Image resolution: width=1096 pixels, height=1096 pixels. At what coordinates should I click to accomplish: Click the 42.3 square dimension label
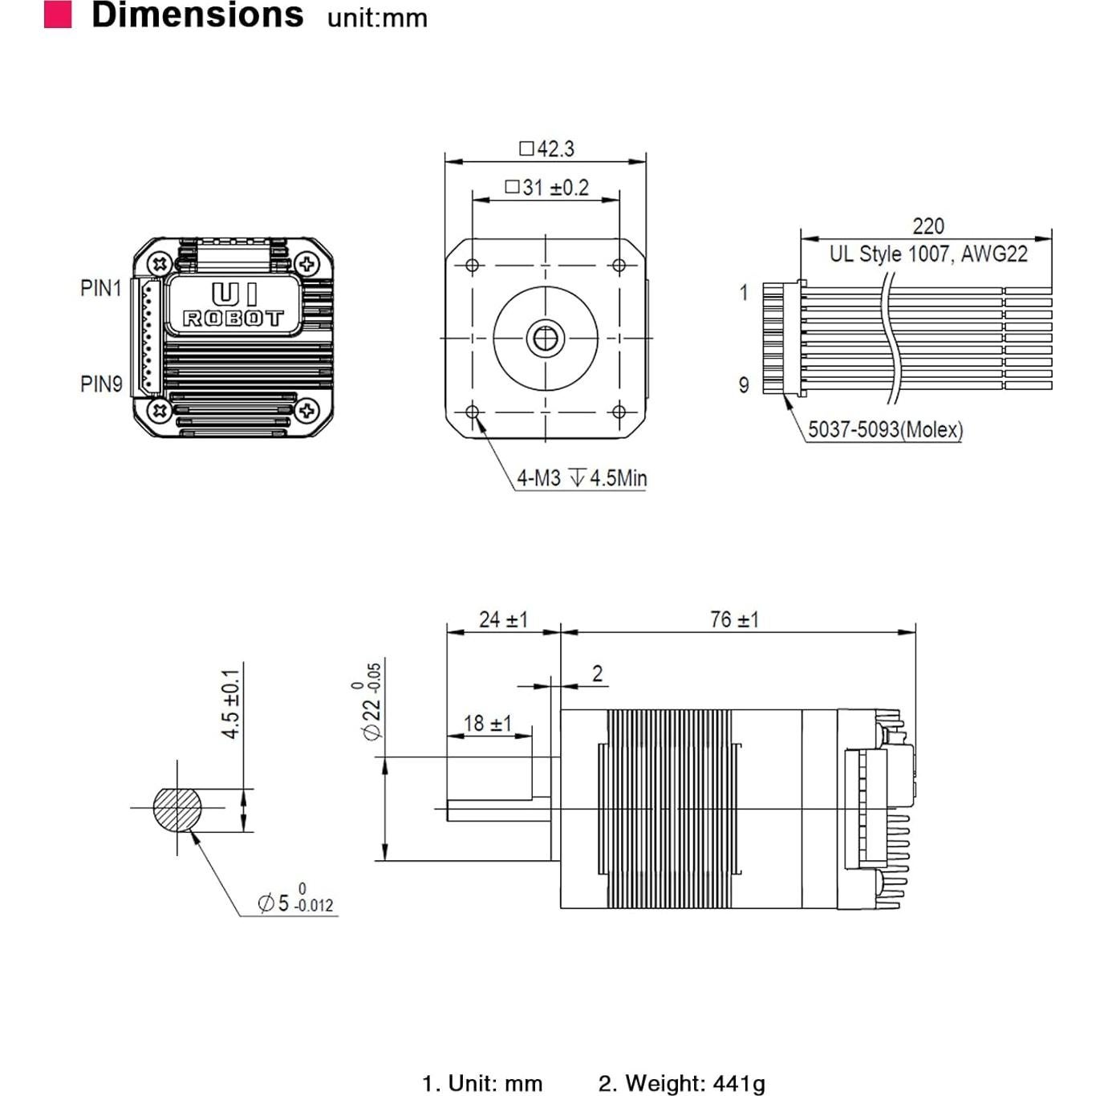coord(547,148)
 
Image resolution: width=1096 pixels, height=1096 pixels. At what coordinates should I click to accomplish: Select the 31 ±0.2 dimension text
coord(547,188)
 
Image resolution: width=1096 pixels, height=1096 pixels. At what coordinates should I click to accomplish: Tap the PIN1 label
coord(100,288)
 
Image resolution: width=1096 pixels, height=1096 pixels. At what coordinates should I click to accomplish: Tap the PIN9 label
coord(101,384)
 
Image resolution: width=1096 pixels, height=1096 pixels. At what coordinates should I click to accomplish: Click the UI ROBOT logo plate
coord(233,306)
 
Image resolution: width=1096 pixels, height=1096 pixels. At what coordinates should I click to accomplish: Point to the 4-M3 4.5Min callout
coord(581,478)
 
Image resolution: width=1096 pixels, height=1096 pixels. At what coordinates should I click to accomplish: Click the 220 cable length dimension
coord(928,226)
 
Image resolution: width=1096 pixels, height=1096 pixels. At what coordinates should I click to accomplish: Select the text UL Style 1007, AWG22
coord(928,254)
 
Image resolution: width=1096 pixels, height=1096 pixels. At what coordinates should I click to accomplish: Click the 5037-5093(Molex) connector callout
coord(885,429)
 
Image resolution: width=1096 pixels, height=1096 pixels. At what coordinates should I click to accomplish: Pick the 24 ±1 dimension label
coord(503,619)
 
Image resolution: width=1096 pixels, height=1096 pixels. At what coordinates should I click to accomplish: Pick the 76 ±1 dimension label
coord(734,619)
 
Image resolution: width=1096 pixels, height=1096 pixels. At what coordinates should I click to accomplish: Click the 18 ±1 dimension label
coord(487,723)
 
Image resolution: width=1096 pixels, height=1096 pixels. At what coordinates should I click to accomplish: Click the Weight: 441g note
coord(681,1083)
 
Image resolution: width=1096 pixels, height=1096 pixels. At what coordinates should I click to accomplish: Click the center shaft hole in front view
coord(546,339)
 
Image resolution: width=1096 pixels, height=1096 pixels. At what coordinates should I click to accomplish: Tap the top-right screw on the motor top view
coord(306,263)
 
